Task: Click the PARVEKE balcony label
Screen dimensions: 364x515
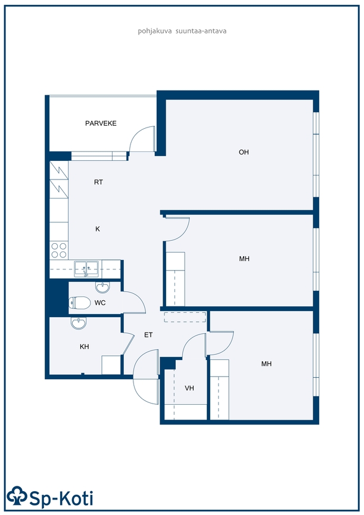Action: [101, 123]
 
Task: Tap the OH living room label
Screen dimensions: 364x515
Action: [244, 152]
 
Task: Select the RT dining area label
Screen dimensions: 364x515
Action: [98, 182]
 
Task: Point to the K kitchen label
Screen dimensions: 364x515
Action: [98, 229]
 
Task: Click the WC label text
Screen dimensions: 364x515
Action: [100, 302]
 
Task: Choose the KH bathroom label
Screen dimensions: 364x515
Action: [85, 346]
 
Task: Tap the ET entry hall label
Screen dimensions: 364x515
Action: [148, 334]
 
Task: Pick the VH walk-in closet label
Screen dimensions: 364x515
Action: [189, 388]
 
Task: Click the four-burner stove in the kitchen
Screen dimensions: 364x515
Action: [59, 250]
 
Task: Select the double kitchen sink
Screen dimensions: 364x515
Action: [86, 269]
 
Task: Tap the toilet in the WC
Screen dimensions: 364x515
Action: [80, 303]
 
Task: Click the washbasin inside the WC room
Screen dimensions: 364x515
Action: [102, 287]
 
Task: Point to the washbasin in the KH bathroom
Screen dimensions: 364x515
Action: [79, 323]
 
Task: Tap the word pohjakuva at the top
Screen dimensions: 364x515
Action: [154, 31]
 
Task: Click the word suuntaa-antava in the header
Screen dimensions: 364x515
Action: [201, 31]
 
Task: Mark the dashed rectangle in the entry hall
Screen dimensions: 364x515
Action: [185, 317]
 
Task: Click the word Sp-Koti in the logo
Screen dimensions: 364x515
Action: [61, 498]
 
